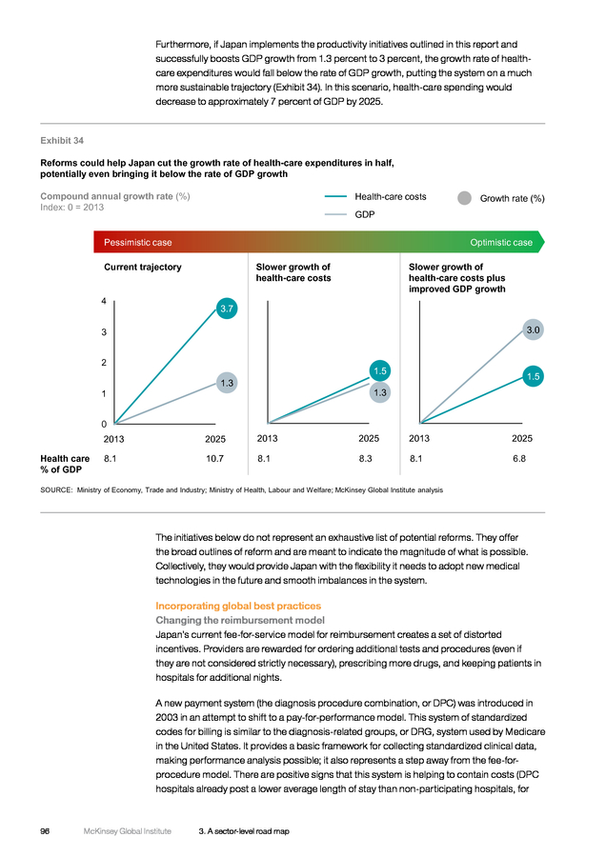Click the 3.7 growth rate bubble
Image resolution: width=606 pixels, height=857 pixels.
tap(227, 309)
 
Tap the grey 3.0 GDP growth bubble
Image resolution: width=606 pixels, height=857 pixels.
tap(533, 329)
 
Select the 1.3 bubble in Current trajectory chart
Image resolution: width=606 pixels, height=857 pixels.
tap(227, 383)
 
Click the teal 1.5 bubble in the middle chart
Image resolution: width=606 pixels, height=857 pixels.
tap(379, 371)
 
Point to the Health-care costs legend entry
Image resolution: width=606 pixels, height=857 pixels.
tap(375, 197)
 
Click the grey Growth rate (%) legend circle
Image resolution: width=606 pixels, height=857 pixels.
tap(464, 198)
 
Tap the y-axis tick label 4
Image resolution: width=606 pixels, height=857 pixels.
tap(103, 301)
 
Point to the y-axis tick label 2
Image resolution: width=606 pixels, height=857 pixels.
tap(103, 363)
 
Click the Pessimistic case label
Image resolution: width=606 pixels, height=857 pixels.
tap(138, 242)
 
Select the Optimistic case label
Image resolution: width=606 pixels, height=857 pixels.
tap(501, 242)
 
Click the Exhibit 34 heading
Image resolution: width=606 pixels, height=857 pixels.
tap(62, 141)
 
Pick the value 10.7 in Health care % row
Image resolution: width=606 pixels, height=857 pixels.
tap(215, 459)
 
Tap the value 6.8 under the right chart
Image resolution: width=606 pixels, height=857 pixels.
tap(519, 459)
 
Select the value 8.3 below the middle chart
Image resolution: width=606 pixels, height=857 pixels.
tap(365, 459)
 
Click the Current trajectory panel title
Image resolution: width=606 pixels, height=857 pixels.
tap(143, 267)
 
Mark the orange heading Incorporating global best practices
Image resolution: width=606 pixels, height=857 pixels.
tap(238, 606)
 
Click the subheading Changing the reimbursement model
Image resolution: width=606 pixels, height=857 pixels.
tap(240, 620)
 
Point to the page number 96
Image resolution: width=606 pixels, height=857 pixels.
tap(45, 831)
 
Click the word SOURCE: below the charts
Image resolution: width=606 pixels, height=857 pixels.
tap(56, 489)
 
